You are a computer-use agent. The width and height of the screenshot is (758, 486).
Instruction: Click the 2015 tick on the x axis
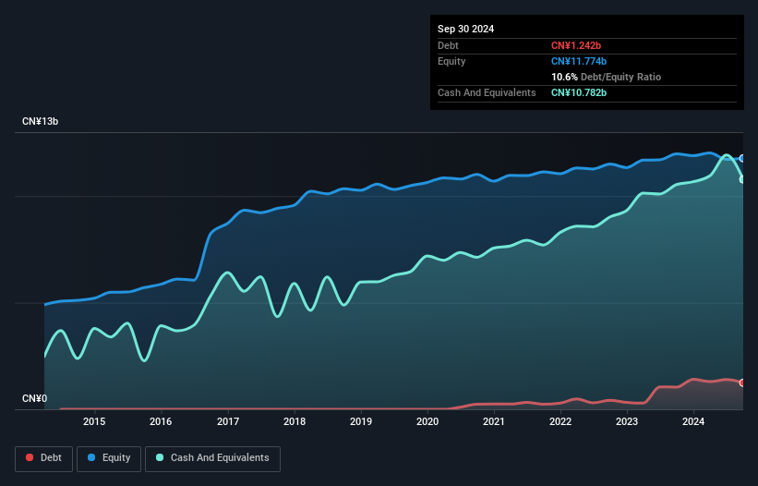pyautogui.click(x=94, y=422)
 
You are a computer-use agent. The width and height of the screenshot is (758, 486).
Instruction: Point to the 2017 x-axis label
pyautogui.click(x=227, y=422)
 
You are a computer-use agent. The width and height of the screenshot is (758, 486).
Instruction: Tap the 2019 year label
pyautogui.click(x=361, y=422)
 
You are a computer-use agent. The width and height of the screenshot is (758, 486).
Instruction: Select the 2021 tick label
pyautogui.click(x=494, y=422)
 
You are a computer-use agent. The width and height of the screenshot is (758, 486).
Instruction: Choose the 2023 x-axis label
pyautogui.click(x=627, y=422)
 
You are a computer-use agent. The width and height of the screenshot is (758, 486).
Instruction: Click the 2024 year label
pyautogui.click(x=693, y=422)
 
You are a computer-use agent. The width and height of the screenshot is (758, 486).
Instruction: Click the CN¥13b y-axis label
pyautogui.click(x=41, y=122)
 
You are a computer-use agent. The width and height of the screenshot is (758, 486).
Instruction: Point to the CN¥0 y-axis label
pyautogui.click(x=34, y=399)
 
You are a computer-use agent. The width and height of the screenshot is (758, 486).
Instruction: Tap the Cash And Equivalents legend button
pyautogui.click(x=212, y=457)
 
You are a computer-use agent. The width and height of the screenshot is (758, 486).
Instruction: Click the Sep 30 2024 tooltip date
pyautogui.click(x=465, y=29)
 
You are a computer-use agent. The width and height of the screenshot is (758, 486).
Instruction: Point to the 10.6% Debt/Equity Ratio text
pyautogui.click(x=606, y=77)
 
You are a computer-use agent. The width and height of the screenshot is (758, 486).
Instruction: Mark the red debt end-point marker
pyautogui.click(x=742, y=383)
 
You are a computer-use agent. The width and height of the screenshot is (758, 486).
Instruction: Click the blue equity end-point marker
pyautogui.click(x=742, y=158)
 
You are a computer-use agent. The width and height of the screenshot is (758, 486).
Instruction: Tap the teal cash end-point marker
pyautogui.click(x=742, y=179)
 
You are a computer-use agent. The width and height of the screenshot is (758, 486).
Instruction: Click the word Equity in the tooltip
pyautogui.click(x=451, y=61)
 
